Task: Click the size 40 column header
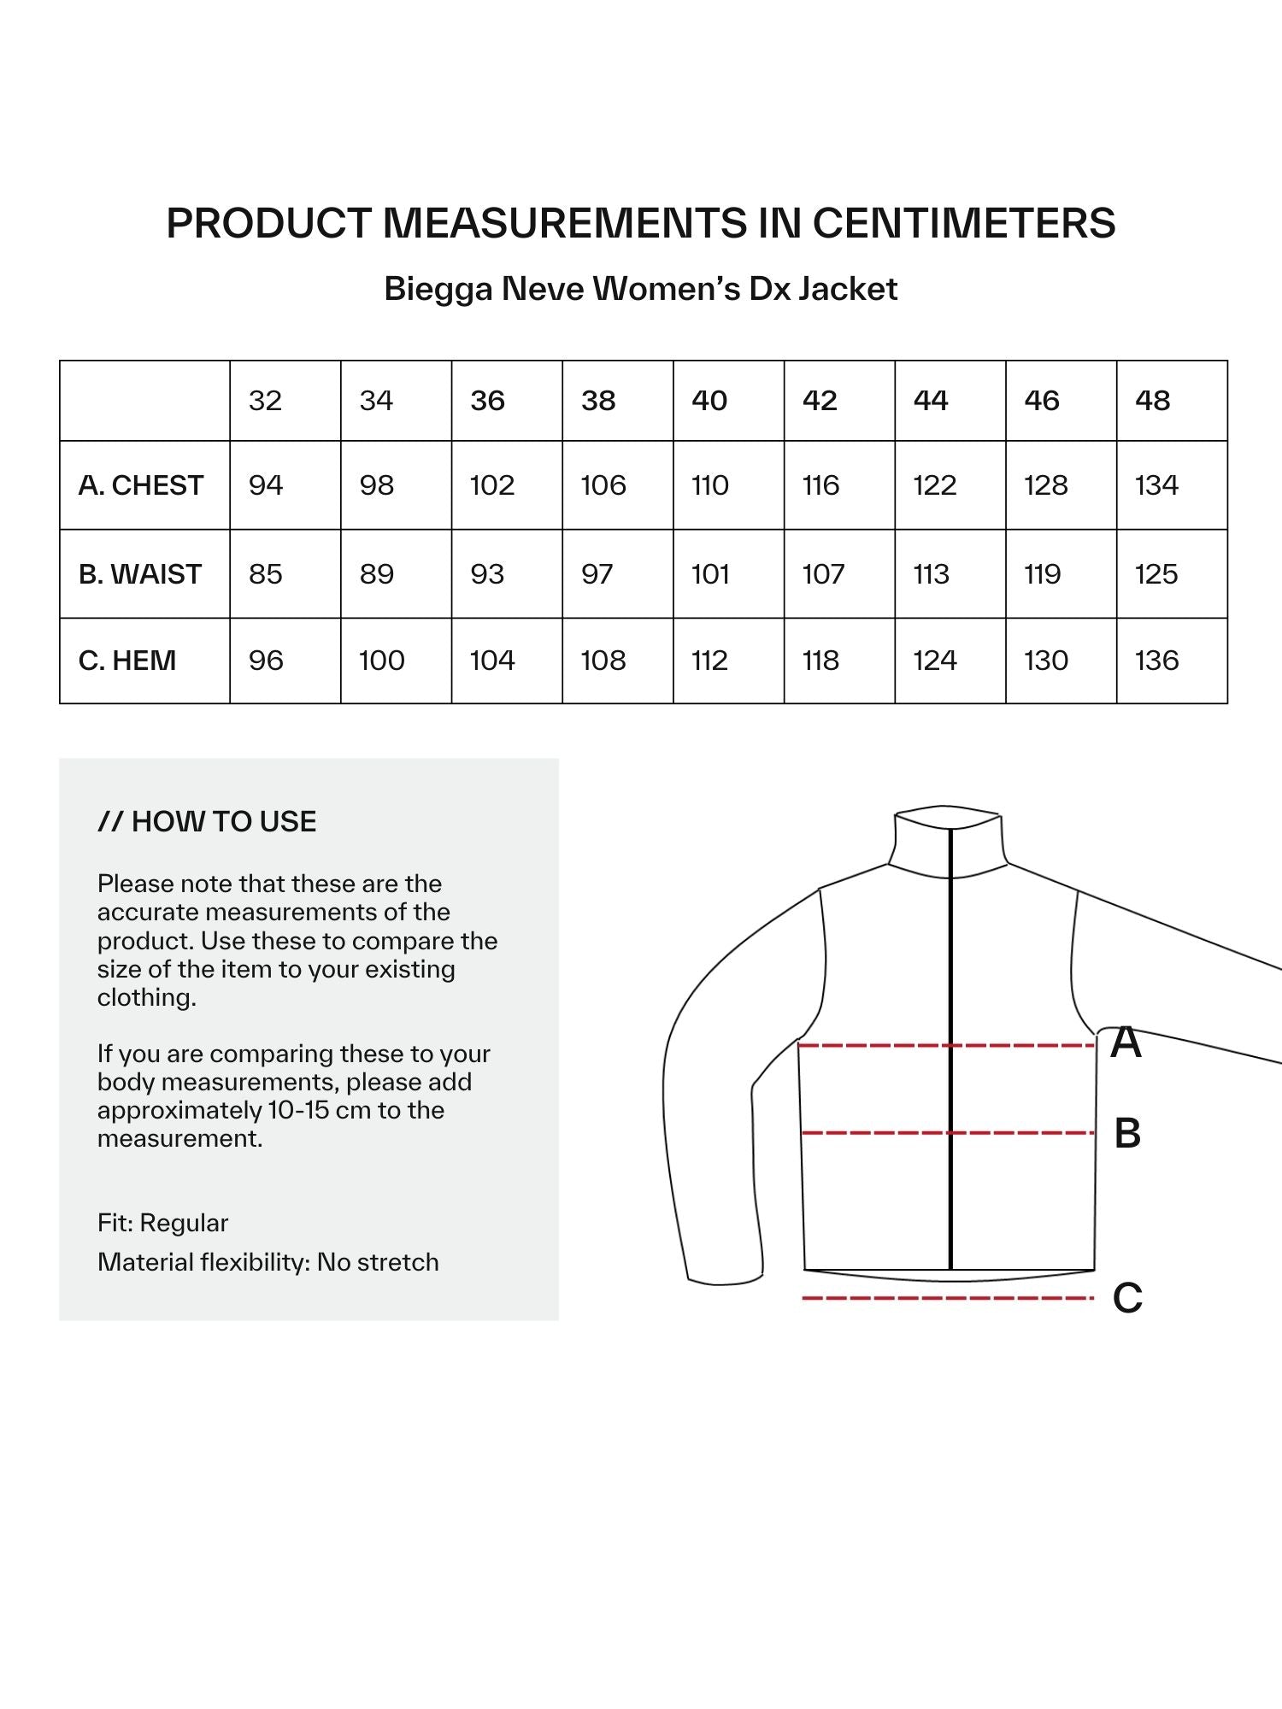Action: [709, 401]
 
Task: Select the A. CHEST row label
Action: [141, 485]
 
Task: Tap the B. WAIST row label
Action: [140, 574]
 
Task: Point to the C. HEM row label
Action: [127, 661]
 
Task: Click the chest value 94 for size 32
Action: [266, 485]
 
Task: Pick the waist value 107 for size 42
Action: [823, 574]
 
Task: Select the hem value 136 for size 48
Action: [1156, 661]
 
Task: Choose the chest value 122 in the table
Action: [934, 485]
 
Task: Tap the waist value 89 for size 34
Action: [377, 574]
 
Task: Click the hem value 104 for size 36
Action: [492, 661]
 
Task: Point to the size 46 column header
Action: [1042, 401]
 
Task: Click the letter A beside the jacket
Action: [1126, 1042]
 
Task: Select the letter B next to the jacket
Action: [1127, 1133]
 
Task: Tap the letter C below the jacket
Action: [1127, 1298]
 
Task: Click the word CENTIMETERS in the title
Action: [963, 223]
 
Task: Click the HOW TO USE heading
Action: [207, 821]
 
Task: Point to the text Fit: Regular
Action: [162, 1223]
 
